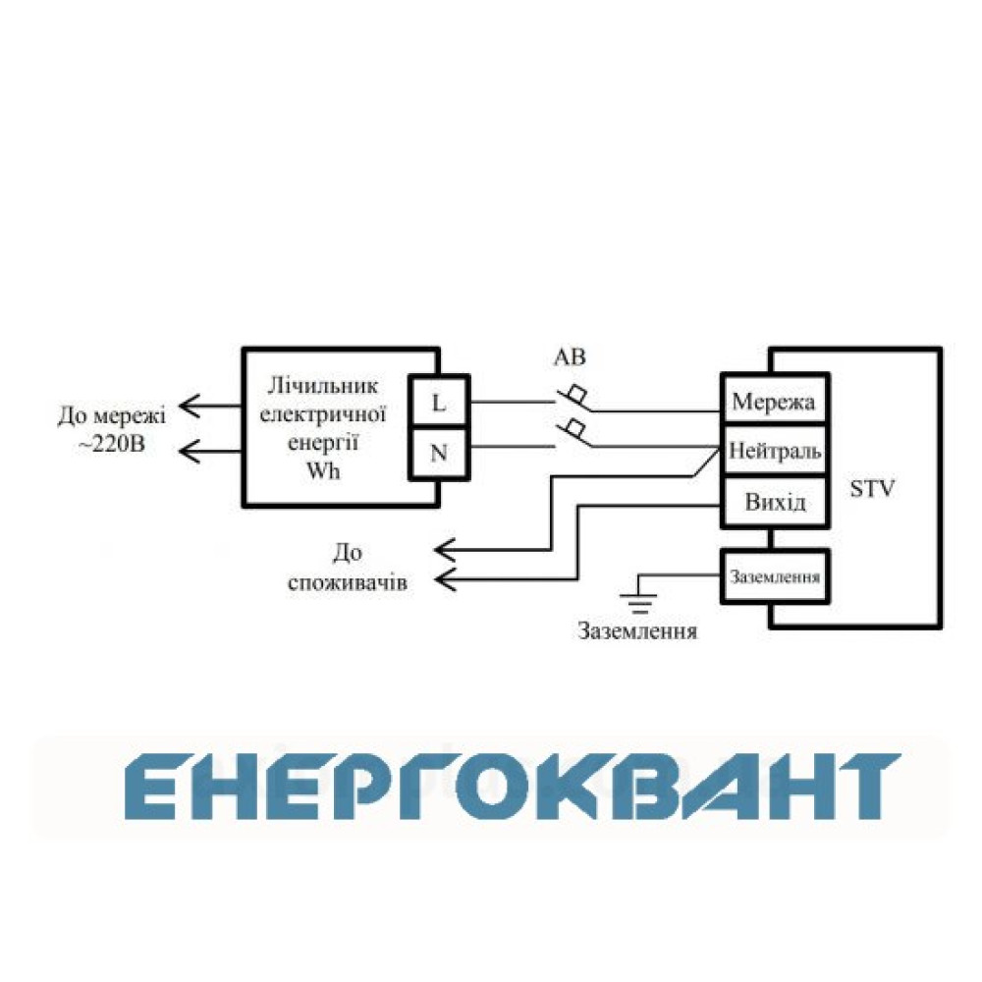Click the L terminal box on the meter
tap(439, 402)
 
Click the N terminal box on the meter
tap(439, 454)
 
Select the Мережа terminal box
tap(776, 400)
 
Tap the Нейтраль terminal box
tap(776, 451)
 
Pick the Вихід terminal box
tap(776, 502)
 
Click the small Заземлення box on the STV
tap(776, 576)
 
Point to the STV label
tap(872, 488)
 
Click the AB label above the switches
tap(570, 357)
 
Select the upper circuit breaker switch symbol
tap(573, 400)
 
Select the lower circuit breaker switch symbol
tap(573, 434)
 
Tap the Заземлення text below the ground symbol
tap(637, 630)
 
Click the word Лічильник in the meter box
tap(322, 386)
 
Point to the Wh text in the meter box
tap(322, 469)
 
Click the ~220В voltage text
tap(112, 444)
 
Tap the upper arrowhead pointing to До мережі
tap(190, 406)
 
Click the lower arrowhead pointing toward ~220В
tap(190, 451)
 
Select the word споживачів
tap(348, 582)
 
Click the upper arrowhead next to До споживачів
tap(445, 551)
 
